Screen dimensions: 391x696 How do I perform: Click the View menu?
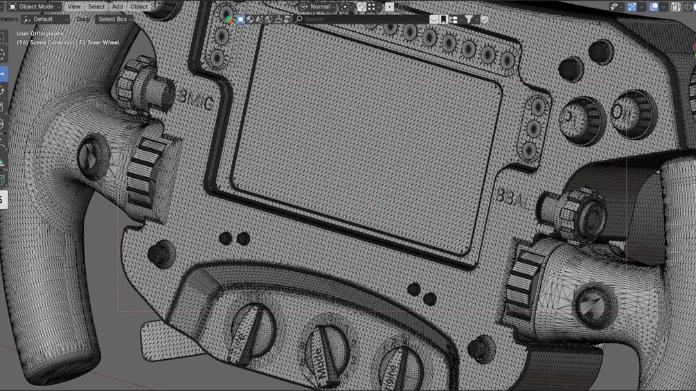pos(74,6)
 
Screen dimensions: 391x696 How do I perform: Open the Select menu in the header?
pos(96,6)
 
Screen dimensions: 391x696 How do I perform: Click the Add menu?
pos(118,6)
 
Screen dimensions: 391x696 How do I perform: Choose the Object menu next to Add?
pos(139,6)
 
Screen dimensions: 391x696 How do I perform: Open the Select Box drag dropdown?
pos(114,19)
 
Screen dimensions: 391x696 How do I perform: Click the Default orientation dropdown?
pos(46,19)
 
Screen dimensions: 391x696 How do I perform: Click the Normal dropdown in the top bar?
pos(321,6)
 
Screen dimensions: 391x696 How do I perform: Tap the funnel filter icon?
pos(469,19)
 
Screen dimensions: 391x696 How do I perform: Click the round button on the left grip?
pos(91,156)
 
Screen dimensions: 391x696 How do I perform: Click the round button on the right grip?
pos(593,302)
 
